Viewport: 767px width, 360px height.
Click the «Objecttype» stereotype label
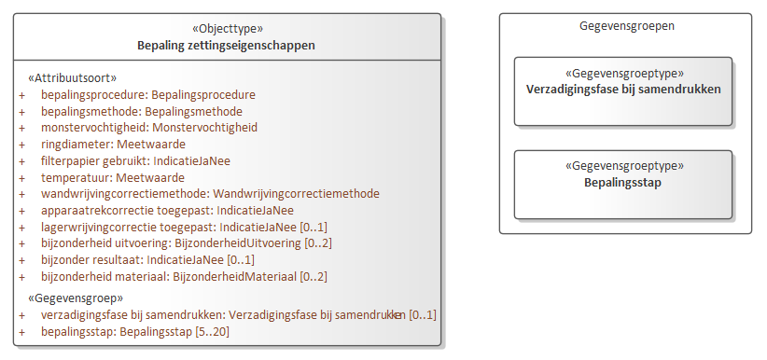point(228,28)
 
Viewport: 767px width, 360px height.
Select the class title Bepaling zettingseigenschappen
point(226,46)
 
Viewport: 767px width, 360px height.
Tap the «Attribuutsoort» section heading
point(73,78)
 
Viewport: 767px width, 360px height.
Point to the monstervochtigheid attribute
point(149,128)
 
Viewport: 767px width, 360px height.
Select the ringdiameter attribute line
point(113,145)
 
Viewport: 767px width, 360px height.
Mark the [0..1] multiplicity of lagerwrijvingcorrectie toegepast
point(314,227)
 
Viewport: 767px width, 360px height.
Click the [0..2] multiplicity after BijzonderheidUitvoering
point(318,243)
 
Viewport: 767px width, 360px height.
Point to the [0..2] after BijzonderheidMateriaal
point(314,276)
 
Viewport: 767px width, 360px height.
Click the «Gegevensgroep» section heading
point(76,298)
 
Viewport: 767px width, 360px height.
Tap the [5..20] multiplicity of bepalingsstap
point(212,332)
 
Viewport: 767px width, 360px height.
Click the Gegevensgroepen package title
point(627,26)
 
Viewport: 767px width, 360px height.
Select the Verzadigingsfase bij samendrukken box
point(623,91)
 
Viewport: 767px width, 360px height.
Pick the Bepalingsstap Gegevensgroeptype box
point(623,185)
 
